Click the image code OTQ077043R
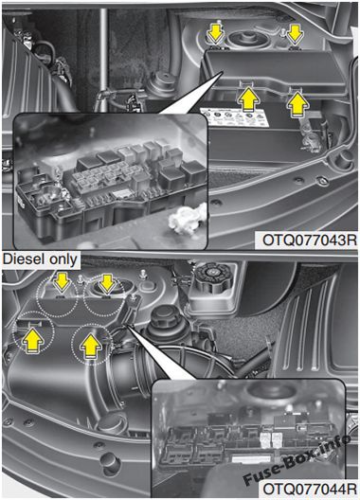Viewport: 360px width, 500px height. pos(309,241)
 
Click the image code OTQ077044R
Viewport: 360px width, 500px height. pos(309,489)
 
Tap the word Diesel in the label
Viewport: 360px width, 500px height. pos(22,259)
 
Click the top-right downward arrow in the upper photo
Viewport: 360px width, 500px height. pos(295,34)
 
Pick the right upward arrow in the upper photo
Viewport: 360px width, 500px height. pos(297,102)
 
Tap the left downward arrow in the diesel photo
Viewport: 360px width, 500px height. pos(62,281)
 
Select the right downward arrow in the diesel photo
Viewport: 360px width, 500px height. pos(107,283)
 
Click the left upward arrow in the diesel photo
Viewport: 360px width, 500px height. pos(32,340)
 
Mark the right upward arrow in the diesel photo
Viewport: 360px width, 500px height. pos(91,346)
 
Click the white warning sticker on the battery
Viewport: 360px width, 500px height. pos(235,117)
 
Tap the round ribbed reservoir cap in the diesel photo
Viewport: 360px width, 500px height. pos(211,275)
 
